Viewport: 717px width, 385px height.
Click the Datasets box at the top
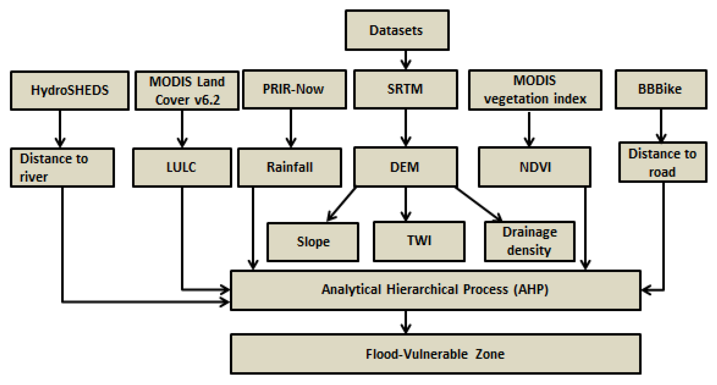coord(397,30)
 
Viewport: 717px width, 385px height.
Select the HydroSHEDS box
coord(69,90)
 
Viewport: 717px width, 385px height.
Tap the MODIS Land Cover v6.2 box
coord(187,90)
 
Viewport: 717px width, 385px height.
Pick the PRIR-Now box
coord(294,89)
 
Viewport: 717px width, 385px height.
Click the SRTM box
coord(405,89)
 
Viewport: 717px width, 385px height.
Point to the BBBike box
coord(661,89)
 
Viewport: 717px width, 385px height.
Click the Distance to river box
coord(62,167)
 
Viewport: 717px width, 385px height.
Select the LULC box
coord(182,167)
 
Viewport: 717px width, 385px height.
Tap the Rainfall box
coord(290,167)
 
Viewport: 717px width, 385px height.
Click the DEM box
coord(405,167)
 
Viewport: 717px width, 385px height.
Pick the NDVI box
coord(534,167)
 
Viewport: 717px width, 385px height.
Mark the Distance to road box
coord(663,162)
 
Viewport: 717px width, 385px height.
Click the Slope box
coord(313,242)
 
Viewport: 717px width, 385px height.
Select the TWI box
coord(419,241)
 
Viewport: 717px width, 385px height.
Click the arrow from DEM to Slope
coord(342,204)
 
